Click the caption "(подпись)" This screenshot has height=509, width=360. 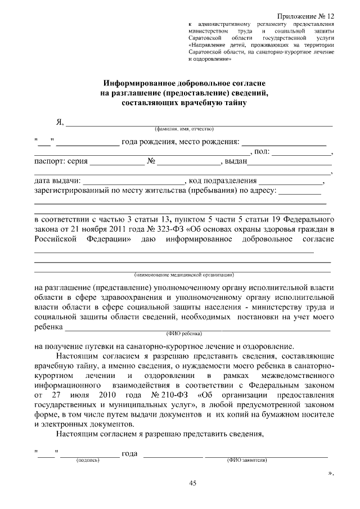click(x=88, y=460)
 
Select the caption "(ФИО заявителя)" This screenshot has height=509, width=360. click(x=246, y=460)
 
